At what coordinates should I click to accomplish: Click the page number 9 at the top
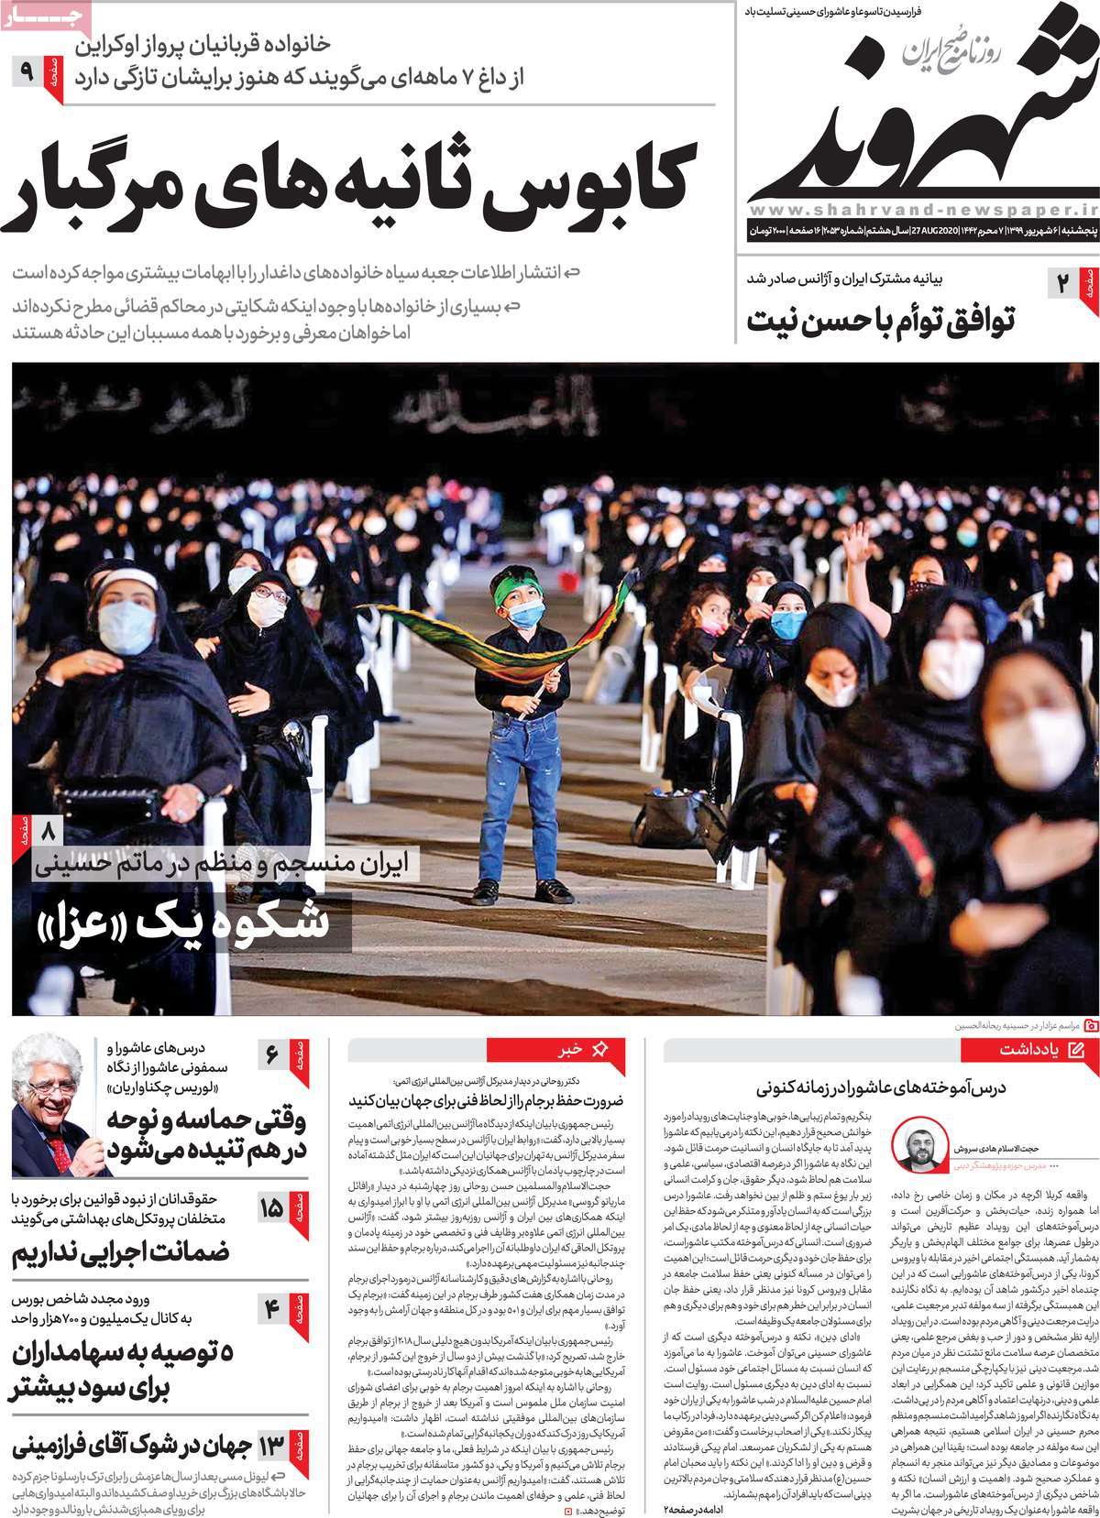[26, 70]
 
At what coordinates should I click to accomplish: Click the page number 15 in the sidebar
[271, 1208]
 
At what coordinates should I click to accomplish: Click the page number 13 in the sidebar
[271, 1447]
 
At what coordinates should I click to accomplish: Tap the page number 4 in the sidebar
[271, 1310]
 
